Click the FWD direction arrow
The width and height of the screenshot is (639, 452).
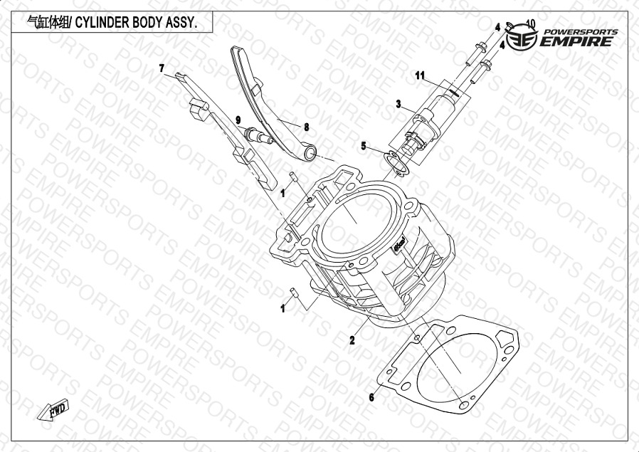coord(53,409)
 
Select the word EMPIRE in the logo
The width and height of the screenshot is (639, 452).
coord(576,41)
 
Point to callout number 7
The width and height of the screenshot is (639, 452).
coord(162,68)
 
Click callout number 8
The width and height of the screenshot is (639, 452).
coord(306,127)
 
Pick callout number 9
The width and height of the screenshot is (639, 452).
coord(238,120)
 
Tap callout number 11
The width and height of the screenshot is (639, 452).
coord(420,75)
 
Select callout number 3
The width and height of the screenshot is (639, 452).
coord(398,105)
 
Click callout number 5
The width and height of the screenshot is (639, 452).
coord(364,145)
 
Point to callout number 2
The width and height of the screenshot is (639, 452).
coord(352,340)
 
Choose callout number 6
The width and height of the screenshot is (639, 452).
coord(371,397)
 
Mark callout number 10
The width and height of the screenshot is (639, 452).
coord(531,23)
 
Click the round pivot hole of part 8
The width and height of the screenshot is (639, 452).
coord(310,153)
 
